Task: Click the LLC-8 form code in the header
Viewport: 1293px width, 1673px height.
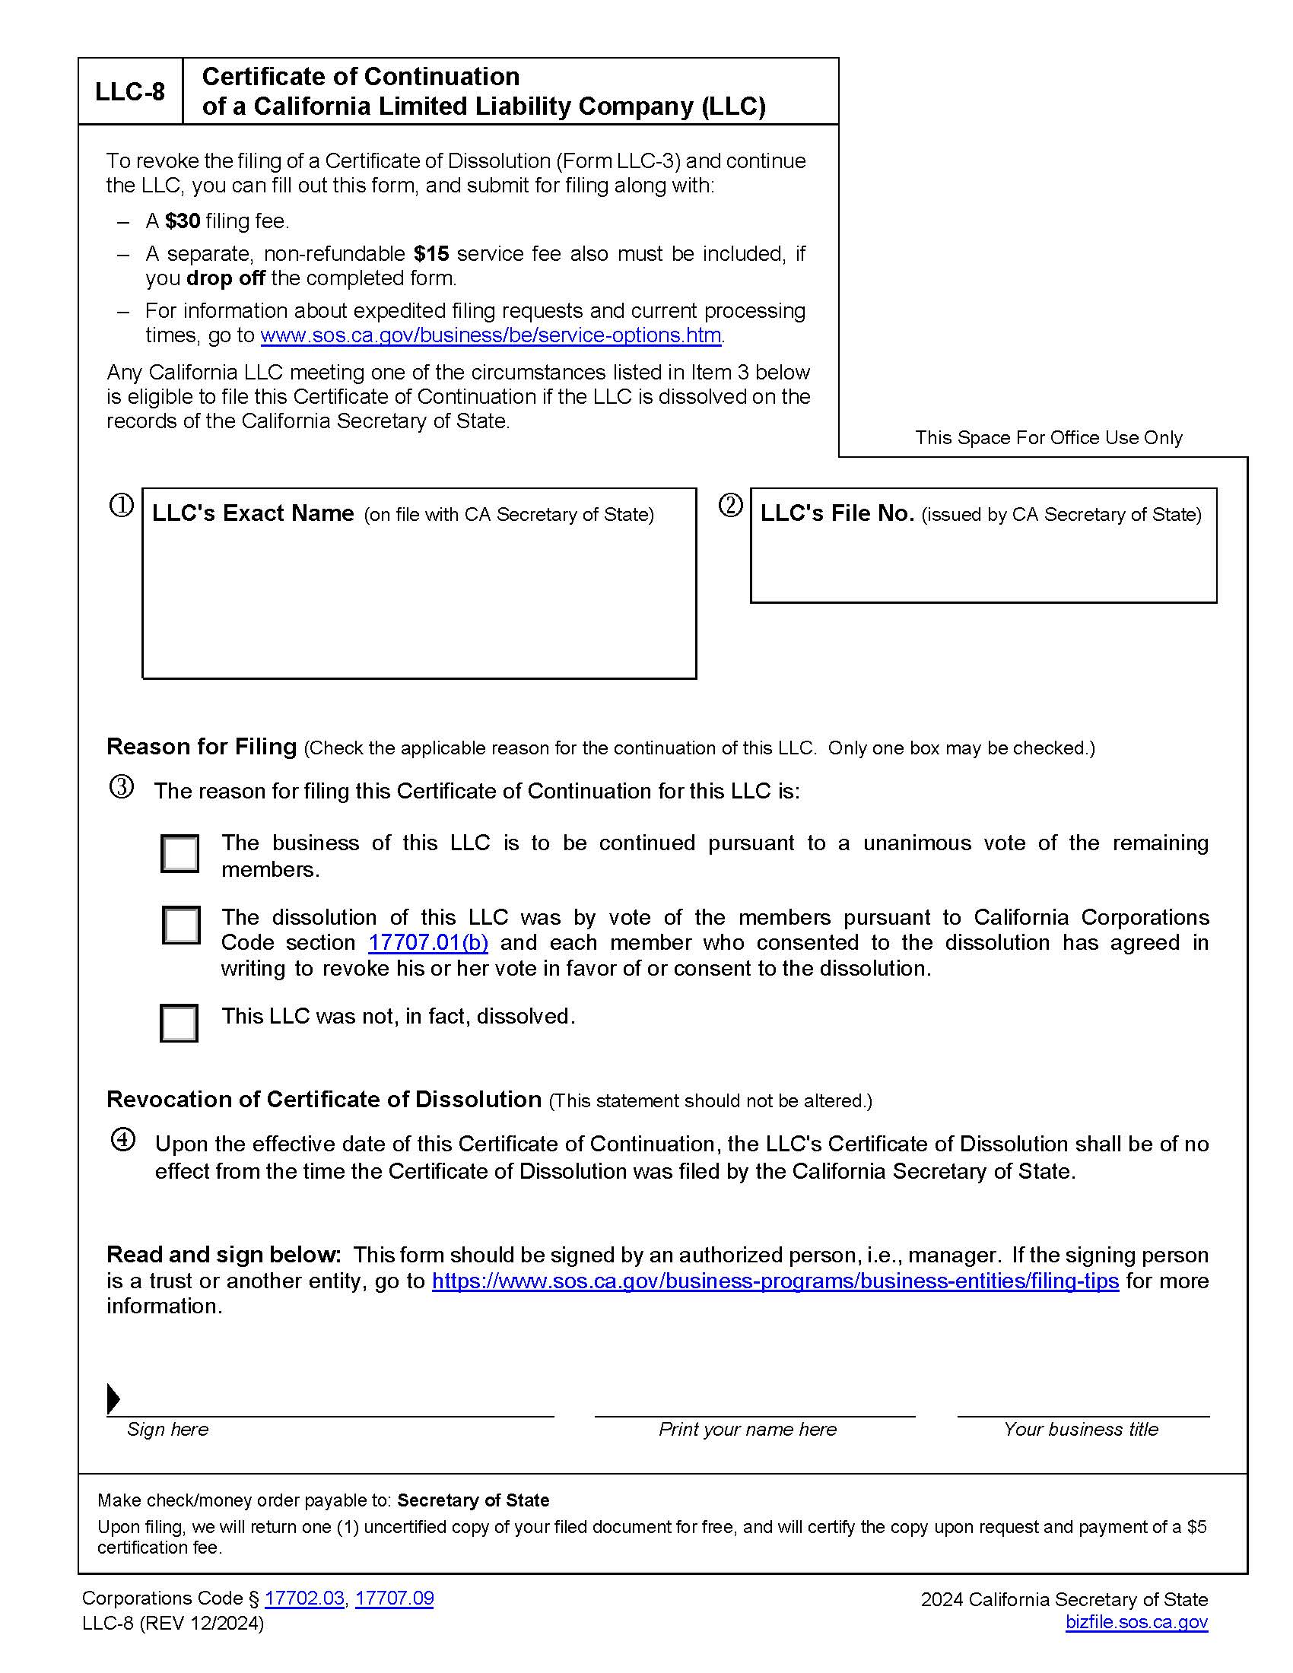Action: (129, 92)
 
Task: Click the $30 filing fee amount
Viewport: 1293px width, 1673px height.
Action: (183, 221)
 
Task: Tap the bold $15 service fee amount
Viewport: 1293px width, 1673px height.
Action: (431, 253)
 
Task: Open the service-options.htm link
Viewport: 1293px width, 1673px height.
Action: (491, 335)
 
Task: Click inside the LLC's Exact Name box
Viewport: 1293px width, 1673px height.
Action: (419, 598)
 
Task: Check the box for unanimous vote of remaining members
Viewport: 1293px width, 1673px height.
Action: (180, 853)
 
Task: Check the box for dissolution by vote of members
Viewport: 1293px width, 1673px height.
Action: (181, 925)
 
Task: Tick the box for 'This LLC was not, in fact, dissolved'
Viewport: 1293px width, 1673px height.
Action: (179, 1023)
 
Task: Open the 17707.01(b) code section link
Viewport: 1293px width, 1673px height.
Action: (428, 943)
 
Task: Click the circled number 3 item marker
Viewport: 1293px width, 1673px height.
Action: (122, 788)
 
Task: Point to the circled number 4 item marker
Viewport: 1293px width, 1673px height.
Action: (122, 1140)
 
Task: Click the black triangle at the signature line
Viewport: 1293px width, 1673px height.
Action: (113, 1398)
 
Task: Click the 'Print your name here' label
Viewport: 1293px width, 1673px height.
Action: (747, 1430)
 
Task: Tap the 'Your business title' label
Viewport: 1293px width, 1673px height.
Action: (1080, 1430)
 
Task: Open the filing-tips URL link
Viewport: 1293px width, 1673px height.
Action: (775, 1281)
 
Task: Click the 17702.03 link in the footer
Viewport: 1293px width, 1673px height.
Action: (304, 1598)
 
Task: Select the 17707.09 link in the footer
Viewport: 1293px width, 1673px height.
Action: (394, 1598)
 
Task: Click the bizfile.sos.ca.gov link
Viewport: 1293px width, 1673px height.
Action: (1136, 1623)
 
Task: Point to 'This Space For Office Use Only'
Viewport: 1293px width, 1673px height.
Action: (1048, 438)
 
